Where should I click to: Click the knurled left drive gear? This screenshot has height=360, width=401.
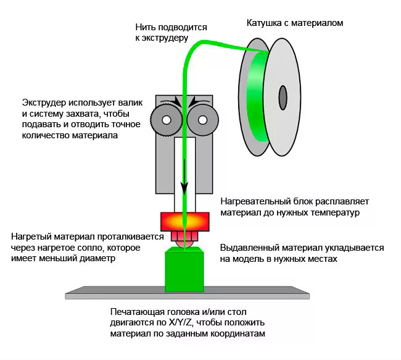[165, 119]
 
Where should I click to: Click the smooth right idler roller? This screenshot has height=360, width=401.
[202, 119]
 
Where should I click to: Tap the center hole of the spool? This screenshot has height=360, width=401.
[283, 96]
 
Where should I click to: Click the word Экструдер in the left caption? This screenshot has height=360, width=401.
[45, 102]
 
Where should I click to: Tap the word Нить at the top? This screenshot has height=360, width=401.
[146, 27]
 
